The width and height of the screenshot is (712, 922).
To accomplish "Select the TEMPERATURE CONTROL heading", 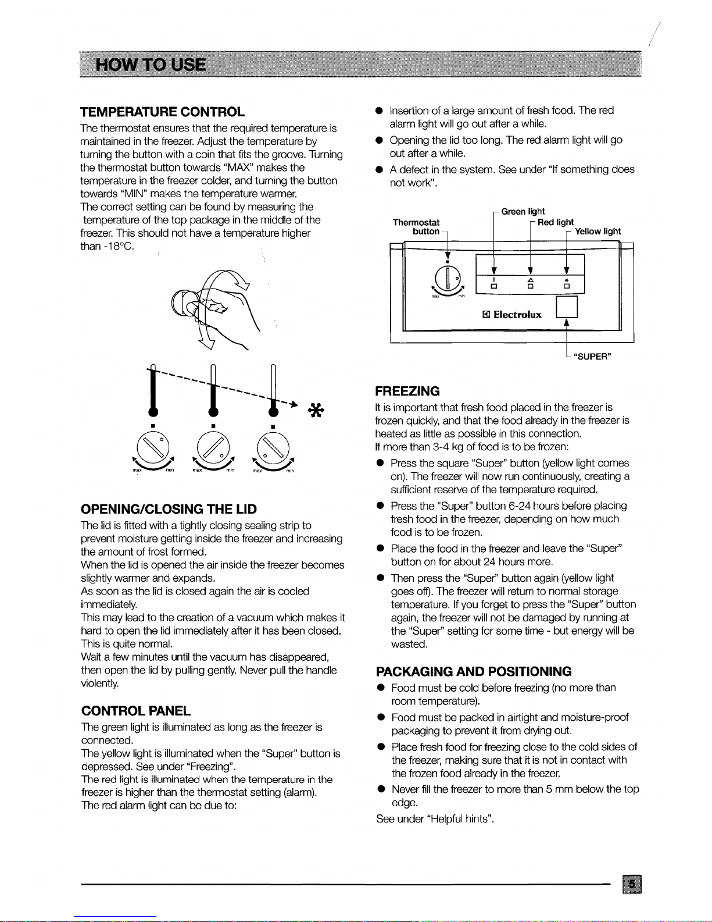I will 162,112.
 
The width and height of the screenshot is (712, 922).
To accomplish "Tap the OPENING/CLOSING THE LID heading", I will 169,509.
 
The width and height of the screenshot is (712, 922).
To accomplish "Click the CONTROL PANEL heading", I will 135,711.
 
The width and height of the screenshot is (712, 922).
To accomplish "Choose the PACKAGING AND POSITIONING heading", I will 474,671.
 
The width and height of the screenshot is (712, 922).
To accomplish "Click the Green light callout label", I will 523,212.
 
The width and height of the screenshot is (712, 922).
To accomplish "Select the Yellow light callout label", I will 597,232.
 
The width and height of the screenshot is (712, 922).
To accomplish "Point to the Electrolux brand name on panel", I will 517,315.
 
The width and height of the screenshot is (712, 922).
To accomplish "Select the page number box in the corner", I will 632,885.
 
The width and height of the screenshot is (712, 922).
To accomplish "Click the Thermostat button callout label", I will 417,227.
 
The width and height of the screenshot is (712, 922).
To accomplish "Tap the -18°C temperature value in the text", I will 108,246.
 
